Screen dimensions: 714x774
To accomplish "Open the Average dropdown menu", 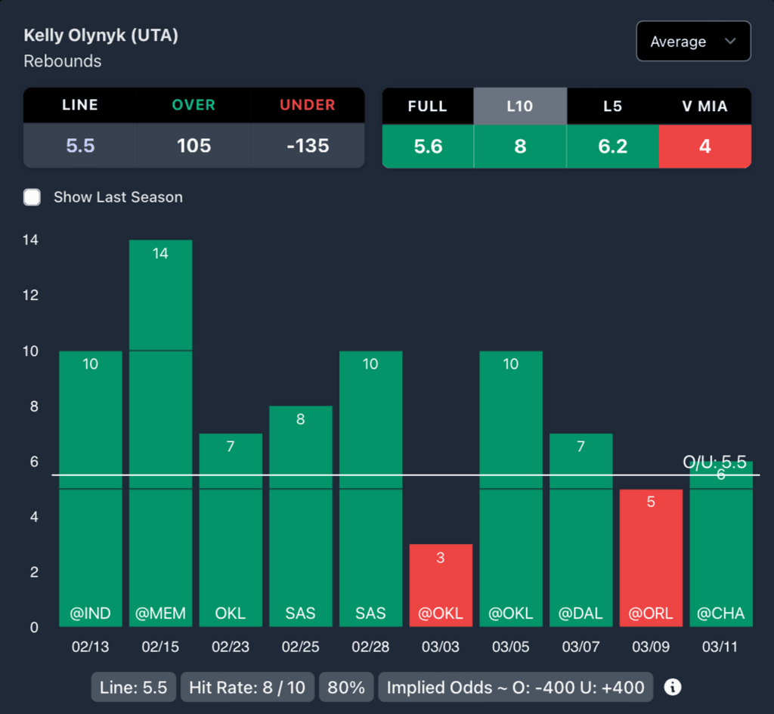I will click(693, 42).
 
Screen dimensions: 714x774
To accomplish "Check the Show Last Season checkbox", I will click(32, 197).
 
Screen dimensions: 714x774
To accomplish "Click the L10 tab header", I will click(520, 107).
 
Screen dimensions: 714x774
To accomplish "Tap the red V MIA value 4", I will click(704, 146).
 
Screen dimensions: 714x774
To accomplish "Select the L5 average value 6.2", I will click(612, 146).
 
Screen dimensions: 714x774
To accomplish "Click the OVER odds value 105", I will click(193, 146).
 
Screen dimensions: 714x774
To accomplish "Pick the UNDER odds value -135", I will click(308, 146).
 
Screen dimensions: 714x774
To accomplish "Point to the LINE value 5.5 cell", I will click(80, 146).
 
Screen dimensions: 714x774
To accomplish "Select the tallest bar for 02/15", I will click(160, 431).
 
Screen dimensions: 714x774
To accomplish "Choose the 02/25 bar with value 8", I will click(300, 514).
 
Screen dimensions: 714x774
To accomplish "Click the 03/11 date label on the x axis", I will click(721, 648).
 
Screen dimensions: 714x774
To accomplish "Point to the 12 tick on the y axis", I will click(31, 295).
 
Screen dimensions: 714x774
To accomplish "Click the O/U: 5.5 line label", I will click(714, 462).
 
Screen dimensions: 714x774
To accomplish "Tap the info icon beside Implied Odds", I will click(672, 687).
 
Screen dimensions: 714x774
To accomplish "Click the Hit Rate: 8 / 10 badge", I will click(247, 688).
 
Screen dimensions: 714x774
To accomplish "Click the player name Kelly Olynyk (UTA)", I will click(101, 36).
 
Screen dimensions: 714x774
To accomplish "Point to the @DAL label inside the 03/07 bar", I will click(580, 613).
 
